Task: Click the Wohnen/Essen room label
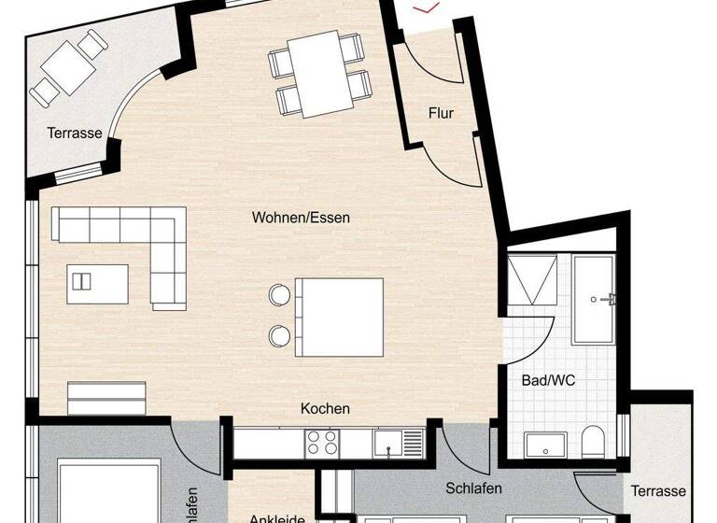click(301, 218)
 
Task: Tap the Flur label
click(441, 114)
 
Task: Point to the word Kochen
click(325, 409)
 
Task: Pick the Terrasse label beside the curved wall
click(75, 134)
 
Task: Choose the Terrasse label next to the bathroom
click(657, 491)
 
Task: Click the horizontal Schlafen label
click(473, 488)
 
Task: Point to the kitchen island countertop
click(339, 317)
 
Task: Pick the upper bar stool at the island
click(279, 296)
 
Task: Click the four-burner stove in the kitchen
click(323, 443)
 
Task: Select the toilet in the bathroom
click(593, 441)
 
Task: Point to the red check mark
click(429, 8)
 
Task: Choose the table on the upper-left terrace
click(64, 66)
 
